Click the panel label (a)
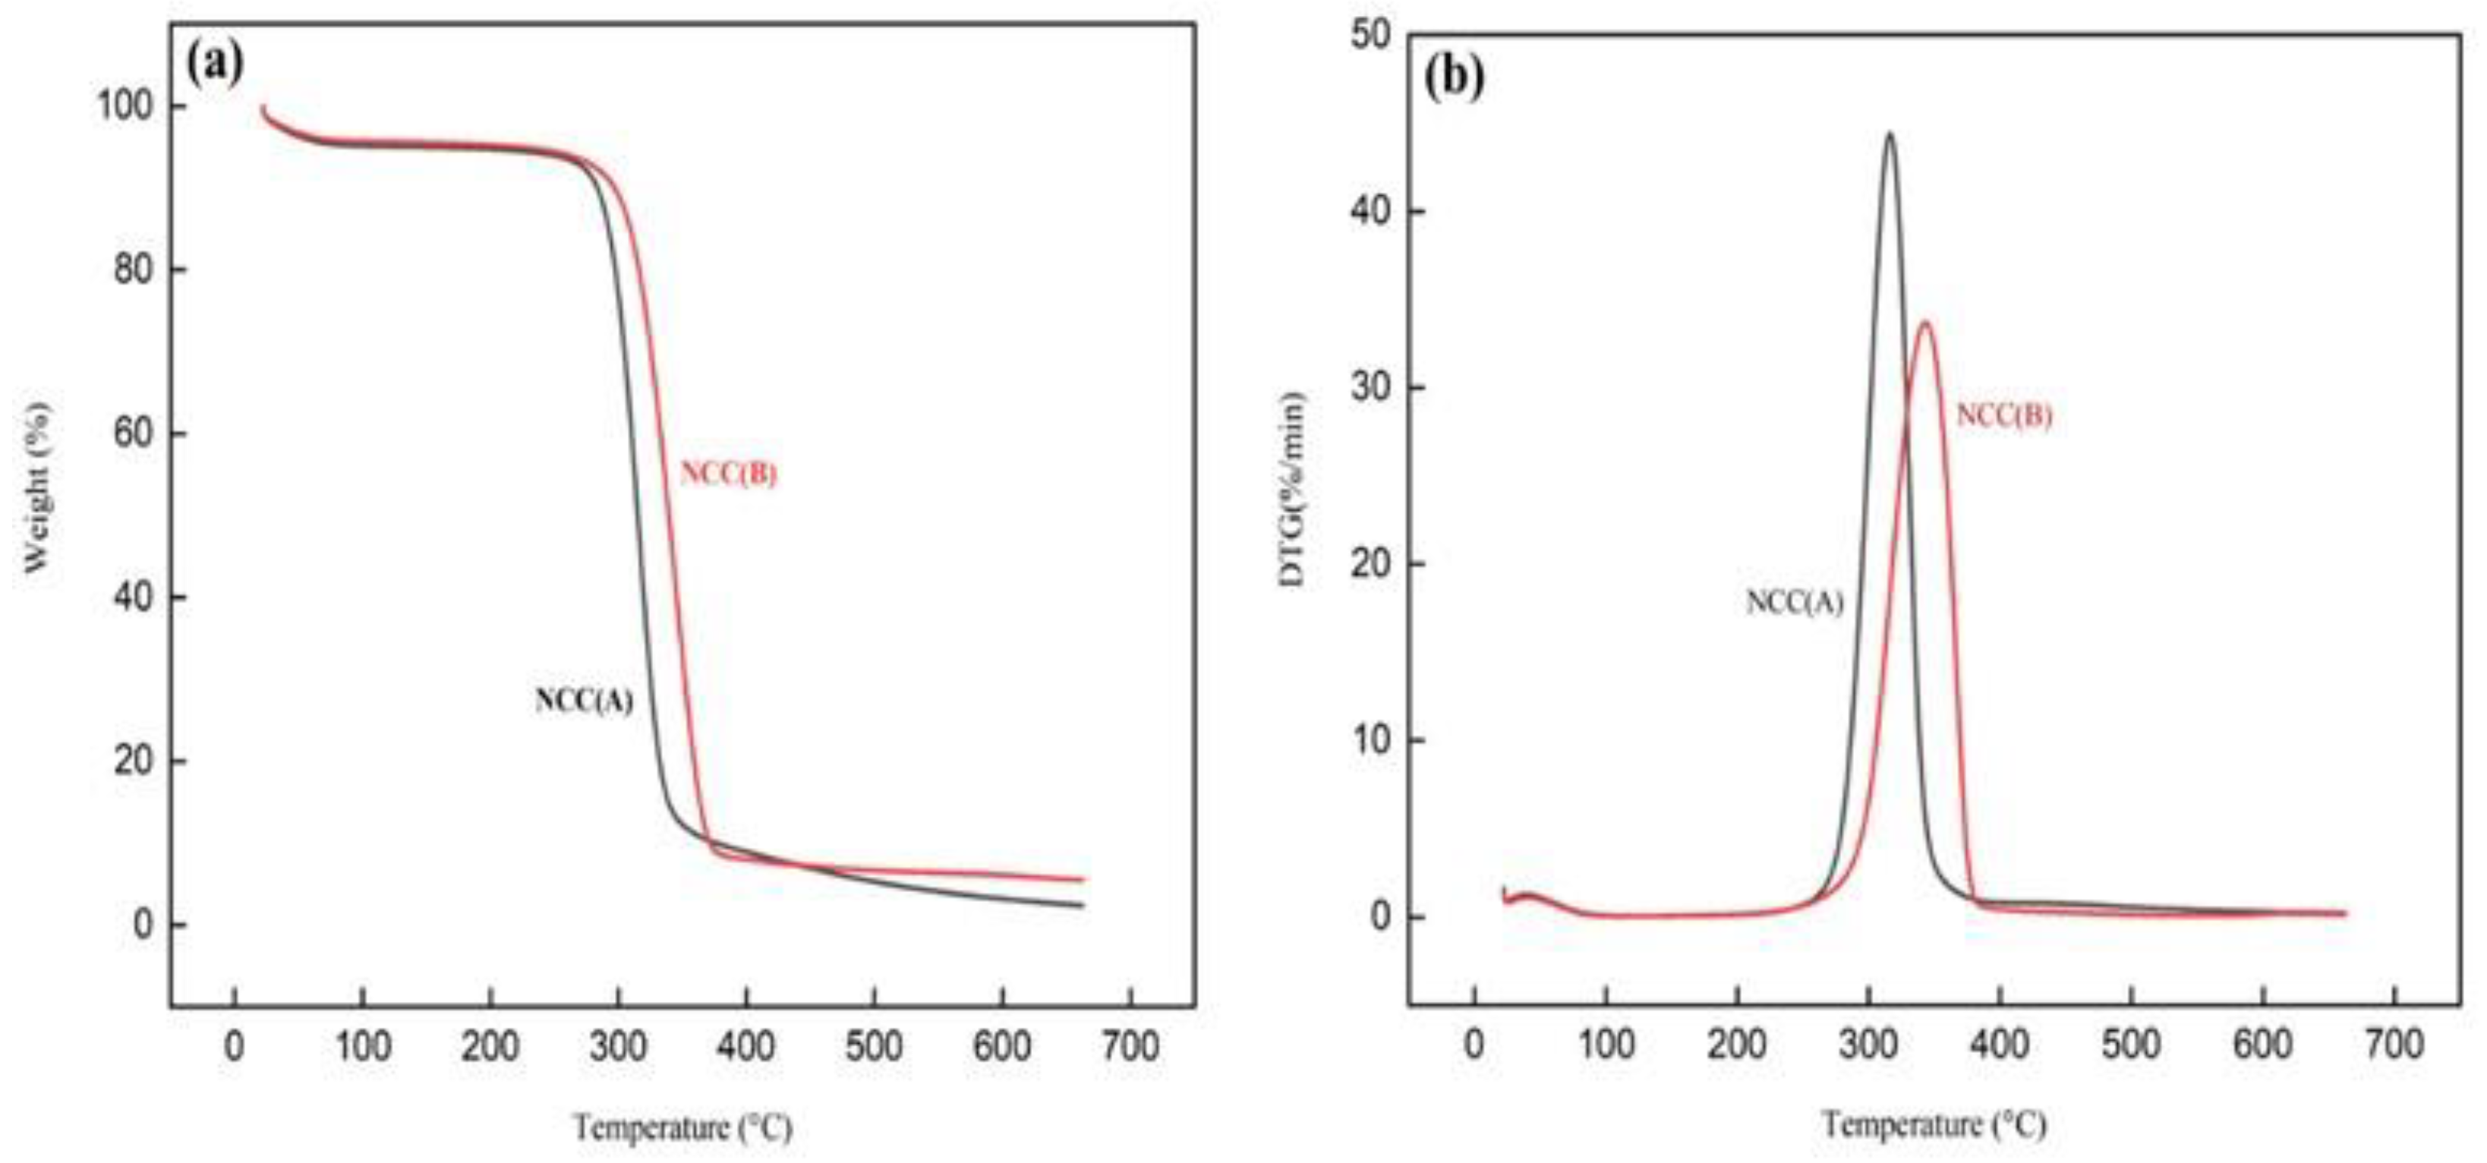(x=214, y=63)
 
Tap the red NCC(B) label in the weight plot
(x=728, y=474)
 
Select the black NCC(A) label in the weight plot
(x=584, y=701)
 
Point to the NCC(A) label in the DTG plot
(x=1794, y=602)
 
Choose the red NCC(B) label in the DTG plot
(x=2003, y=415)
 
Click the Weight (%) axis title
(x=36, y=487)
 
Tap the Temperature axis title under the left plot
(x=682, y=1127)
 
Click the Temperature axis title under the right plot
(x=1934, y=1124)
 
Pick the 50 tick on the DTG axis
(x=1371, y=36)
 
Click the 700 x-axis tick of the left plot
(x=1130, y=1046)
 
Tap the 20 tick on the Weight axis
(x=134, y=761)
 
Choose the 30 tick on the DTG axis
(x=1371, y=388)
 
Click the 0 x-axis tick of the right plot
(x=1474, y=1045)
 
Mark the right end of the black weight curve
(x=1083, y=906)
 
